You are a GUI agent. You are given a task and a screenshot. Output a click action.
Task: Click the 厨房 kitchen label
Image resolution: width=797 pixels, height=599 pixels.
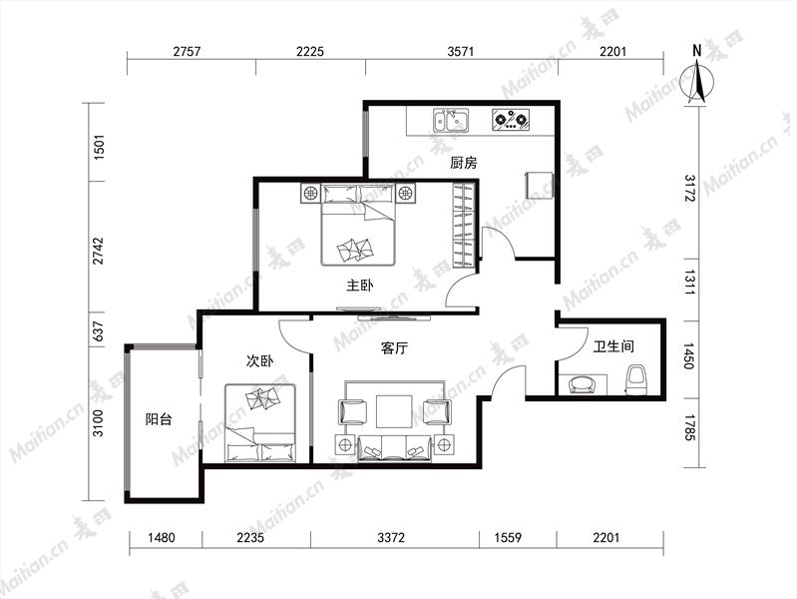tap(464, 163)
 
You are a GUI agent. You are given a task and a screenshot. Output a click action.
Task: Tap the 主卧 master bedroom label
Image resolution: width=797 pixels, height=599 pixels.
tap(360, 285)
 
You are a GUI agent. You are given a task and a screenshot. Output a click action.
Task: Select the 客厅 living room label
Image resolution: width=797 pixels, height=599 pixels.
tap(394, 348)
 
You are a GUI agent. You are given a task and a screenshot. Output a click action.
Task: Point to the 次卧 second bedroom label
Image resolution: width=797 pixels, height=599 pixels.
tap(259, 360)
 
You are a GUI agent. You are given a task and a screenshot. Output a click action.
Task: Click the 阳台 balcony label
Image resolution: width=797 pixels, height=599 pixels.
tap(159, 419)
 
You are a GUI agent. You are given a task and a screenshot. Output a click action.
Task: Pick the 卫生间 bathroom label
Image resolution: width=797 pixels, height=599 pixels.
tap(614, 346)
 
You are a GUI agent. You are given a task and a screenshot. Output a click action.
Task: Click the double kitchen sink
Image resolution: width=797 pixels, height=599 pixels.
tap(451, 121)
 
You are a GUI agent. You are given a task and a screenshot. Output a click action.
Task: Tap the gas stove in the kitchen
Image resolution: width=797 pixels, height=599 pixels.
tap(511, 121)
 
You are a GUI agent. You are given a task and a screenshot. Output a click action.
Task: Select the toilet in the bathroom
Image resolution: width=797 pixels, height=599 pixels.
tap(636, 379)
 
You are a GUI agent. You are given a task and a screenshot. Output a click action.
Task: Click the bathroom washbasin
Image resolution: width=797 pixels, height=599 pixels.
tap(583, 384)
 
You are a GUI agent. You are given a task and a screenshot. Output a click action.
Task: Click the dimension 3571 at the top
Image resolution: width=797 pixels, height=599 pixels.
tap(461, 51)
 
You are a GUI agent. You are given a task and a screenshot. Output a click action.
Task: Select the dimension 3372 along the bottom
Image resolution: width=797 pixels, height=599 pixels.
tap(391, 537)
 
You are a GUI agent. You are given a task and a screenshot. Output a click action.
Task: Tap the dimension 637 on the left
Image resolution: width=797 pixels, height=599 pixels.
tap(99, 331)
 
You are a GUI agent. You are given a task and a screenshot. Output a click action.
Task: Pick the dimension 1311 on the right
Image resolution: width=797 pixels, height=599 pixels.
tap(688, 283)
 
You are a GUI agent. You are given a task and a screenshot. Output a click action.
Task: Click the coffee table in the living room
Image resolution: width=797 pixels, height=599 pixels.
tap(394, 411)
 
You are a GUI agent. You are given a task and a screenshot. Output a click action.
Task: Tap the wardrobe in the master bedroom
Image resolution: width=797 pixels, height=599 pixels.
tap(464, 224)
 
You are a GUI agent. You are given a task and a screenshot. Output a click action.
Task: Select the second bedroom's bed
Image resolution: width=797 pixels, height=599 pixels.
tap(260, 423)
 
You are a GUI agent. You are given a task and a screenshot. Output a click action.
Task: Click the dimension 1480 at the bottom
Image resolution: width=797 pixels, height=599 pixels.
tap(162, 537)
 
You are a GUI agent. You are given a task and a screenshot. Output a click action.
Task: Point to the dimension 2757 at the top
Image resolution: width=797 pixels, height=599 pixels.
tap(188, 51)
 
